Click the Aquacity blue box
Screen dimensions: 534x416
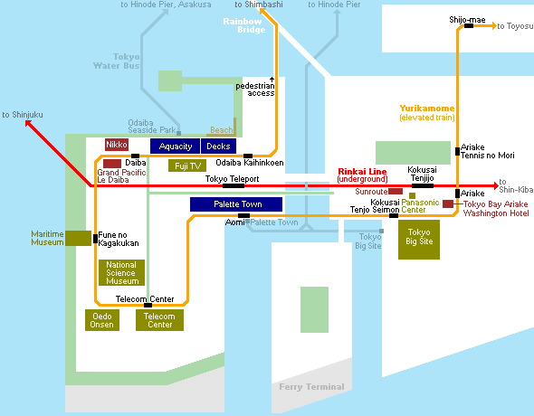175,146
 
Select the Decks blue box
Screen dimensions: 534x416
219,146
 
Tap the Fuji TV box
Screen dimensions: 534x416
187,165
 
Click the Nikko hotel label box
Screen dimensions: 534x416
117,145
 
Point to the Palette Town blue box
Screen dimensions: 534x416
236,204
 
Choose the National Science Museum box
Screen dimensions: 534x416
121,272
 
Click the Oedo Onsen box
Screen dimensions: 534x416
102,320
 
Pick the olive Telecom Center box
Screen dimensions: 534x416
159,320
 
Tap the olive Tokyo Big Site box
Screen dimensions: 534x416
419,240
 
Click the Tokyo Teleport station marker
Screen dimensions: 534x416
234,185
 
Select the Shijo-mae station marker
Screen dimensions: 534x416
469,26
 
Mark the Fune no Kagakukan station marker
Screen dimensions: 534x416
95,239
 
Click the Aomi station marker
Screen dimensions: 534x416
243,215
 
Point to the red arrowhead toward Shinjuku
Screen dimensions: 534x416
28,123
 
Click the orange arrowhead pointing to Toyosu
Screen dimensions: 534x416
494,26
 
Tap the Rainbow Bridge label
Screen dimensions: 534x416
243,25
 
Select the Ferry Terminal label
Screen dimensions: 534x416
311,387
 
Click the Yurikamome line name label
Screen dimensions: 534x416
427,109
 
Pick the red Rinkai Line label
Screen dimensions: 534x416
362,172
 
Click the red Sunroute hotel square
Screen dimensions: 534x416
396,191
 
